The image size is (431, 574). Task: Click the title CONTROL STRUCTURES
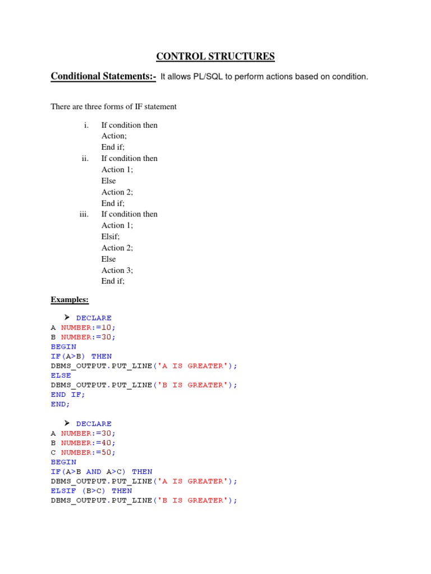(215, 56)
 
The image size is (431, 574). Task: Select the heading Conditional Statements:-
(103, 76)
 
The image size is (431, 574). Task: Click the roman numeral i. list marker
(86, 125)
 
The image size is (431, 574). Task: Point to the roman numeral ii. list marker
(85, 159)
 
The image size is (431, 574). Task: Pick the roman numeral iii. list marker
(84, 214)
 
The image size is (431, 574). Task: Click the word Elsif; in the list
(111, 237)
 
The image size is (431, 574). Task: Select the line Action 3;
(117, 270)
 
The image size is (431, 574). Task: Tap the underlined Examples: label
(70, 300)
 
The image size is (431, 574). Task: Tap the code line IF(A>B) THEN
(81, 356)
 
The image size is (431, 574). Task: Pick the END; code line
(61, 404)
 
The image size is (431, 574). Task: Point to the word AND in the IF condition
(94, 471)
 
